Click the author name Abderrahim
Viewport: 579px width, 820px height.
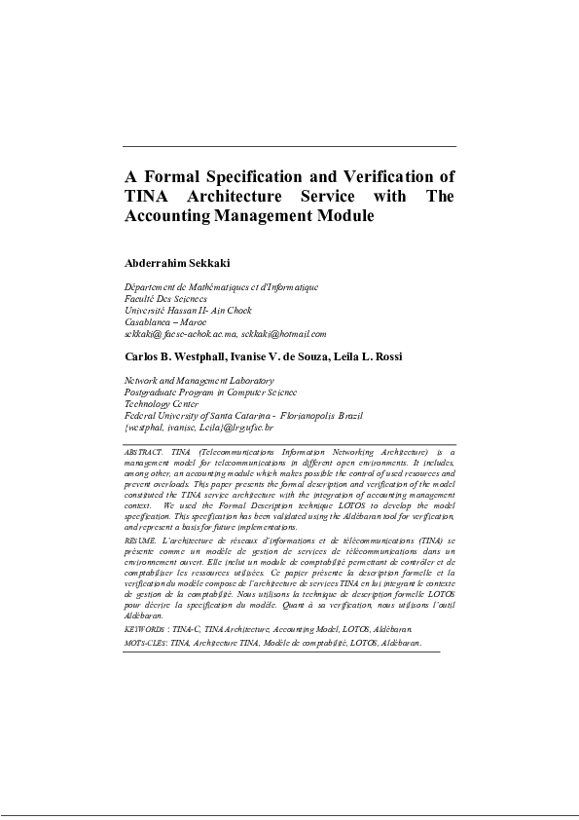click(x=161, y=263)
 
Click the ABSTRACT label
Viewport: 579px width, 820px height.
click(x=144, y=454)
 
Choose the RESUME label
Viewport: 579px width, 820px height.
click(x=140, y=540)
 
